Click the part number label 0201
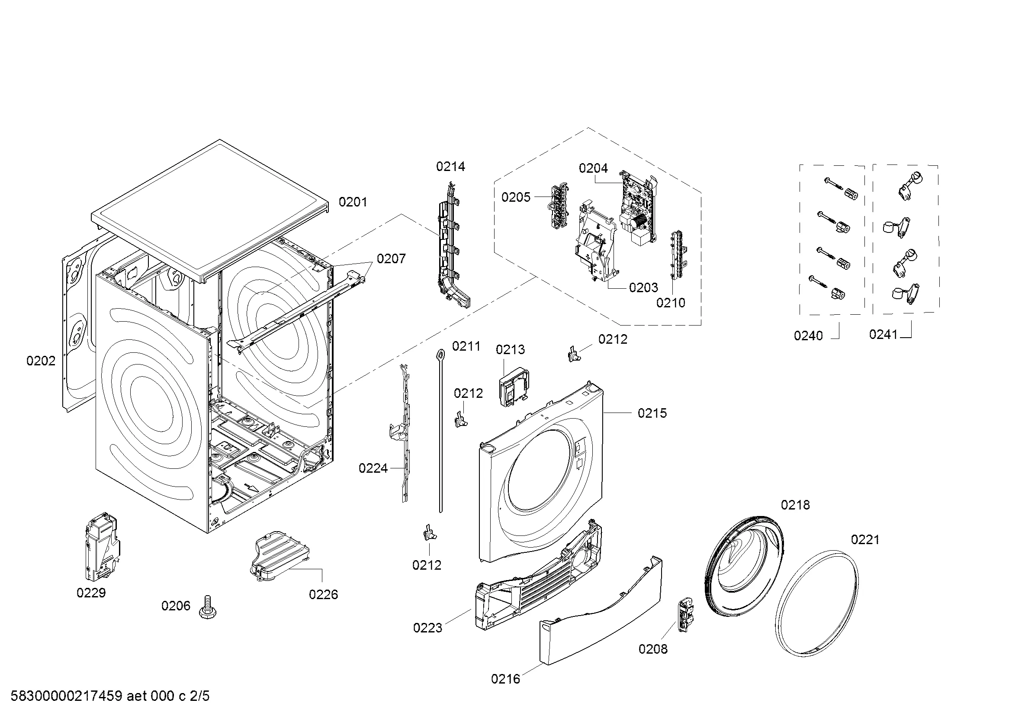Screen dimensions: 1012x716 coord(353,202)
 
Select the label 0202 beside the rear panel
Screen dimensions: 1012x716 coord(41,361)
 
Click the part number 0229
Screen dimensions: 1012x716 coord(91,593)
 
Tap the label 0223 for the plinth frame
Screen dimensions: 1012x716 coord(427,628)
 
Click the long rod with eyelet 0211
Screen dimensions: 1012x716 coord(440,430)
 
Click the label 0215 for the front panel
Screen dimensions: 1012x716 coord(652,413)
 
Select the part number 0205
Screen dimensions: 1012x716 coord(516,197)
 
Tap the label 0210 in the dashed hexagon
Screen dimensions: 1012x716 coord(671,303)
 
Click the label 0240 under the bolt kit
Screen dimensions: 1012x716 coord(808,336)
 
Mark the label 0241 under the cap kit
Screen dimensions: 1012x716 coord(883,335)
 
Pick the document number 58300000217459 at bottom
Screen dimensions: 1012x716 coord(66,697)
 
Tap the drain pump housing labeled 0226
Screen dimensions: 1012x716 coord(280,555)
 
